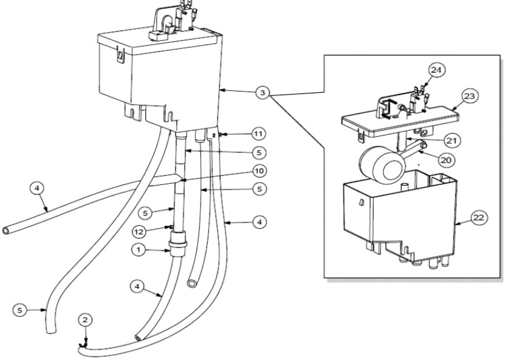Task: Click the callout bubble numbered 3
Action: click(x=263, y=93)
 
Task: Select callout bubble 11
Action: click(x=258, y=134)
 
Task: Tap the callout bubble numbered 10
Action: click(x=259, y=171)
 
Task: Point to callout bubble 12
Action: click(x=139, y=232)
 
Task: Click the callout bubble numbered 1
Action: click(x=139, y=250)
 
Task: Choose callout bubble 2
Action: click(x=85, y=320)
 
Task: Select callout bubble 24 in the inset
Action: click(x=437, y=70)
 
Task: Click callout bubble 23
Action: click(x=470, y=96)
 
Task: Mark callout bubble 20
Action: click(x=446, y=160)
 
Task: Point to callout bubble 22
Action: click(x=479, y=218)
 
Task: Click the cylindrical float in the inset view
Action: click(x=382, y=165)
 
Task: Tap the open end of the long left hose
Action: click(x=6, y=230)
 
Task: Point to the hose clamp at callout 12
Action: click(x=172, y=227)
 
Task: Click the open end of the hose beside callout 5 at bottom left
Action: click(x=51, y=331)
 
